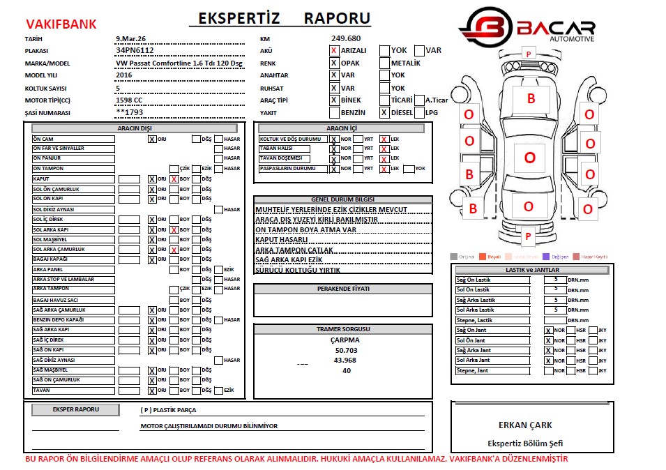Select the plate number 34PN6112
click(x=135, y=51)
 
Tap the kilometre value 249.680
click(x=346, y=38)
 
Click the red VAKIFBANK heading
click(x=61, y=24)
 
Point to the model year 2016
click(x=123, y=75)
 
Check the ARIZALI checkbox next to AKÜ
click(x=334, y=51)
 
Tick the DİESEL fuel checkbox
click(x=384, y=112)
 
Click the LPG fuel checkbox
click(x=419, y=112)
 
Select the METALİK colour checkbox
click(x=384, y=63)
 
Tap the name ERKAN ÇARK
click(x=525, y=425)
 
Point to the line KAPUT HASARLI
click(x=282, y=239)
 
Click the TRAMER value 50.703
click(x=346, y=351)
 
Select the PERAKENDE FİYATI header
click(x=343, y=288)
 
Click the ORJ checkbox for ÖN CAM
click(x=151, y=139)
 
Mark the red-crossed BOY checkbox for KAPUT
click(x=174, y=179)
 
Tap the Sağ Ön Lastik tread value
click(x=555, y=280)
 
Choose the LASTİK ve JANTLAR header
click(x=532, y=270)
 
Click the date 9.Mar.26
click(x=130, y=38)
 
